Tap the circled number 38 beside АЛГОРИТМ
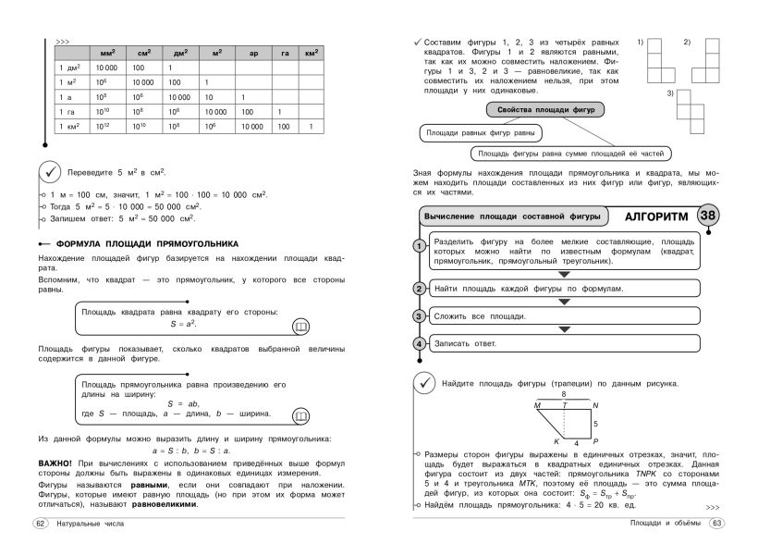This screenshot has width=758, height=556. point(709,216)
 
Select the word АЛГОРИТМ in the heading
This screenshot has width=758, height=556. point(656,216)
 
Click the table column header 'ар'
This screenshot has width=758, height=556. point(253,55)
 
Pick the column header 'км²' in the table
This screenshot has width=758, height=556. point(312,55)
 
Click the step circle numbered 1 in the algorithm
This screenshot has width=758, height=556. point(419,245)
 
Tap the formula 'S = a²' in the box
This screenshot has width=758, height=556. point(184,325)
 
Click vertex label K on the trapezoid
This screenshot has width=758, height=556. point(557,441)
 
